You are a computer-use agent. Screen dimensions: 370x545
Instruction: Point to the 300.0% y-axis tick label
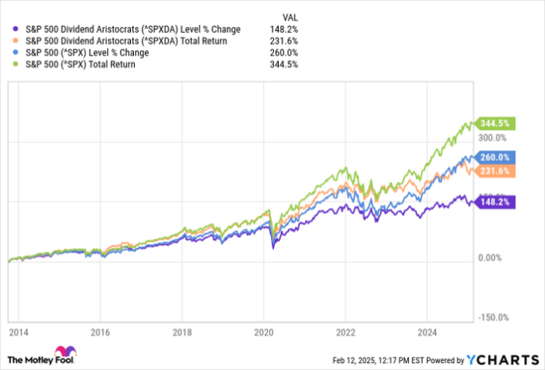495,142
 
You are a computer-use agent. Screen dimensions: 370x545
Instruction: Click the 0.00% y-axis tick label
493,258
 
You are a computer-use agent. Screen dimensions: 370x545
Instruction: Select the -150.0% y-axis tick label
495,317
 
